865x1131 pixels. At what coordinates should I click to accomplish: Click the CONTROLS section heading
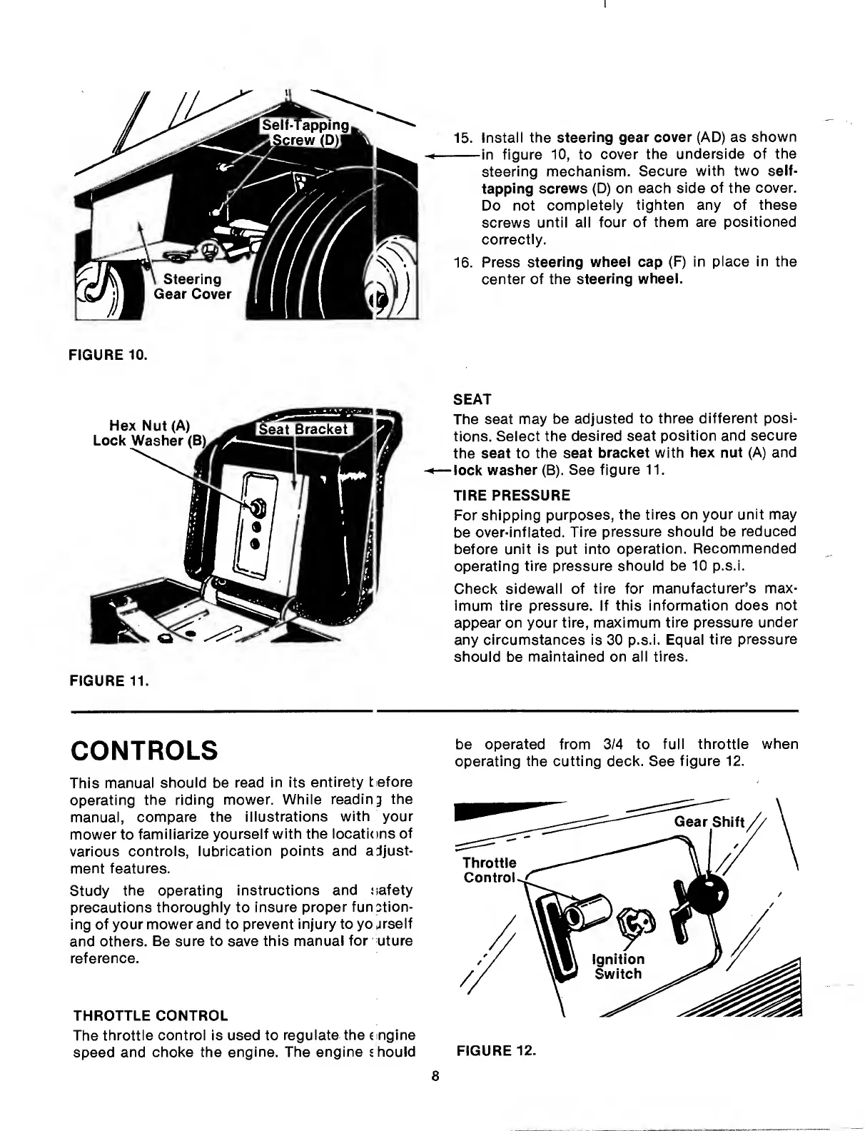click(145, 750)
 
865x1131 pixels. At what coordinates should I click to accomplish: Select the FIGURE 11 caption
click(108, 680)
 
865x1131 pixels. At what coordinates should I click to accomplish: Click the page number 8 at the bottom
click(435, 1077)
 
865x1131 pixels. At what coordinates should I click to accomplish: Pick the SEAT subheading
click(473, 398)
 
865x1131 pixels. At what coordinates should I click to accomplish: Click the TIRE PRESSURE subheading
click(512, 495)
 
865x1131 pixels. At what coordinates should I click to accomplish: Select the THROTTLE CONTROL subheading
click(151, 1016)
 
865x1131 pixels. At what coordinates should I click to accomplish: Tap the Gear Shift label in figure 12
click(709, 821)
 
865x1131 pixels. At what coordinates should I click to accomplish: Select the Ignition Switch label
click(618, 966)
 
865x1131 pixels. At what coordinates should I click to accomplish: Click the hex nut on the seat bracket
click(255, 508)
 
